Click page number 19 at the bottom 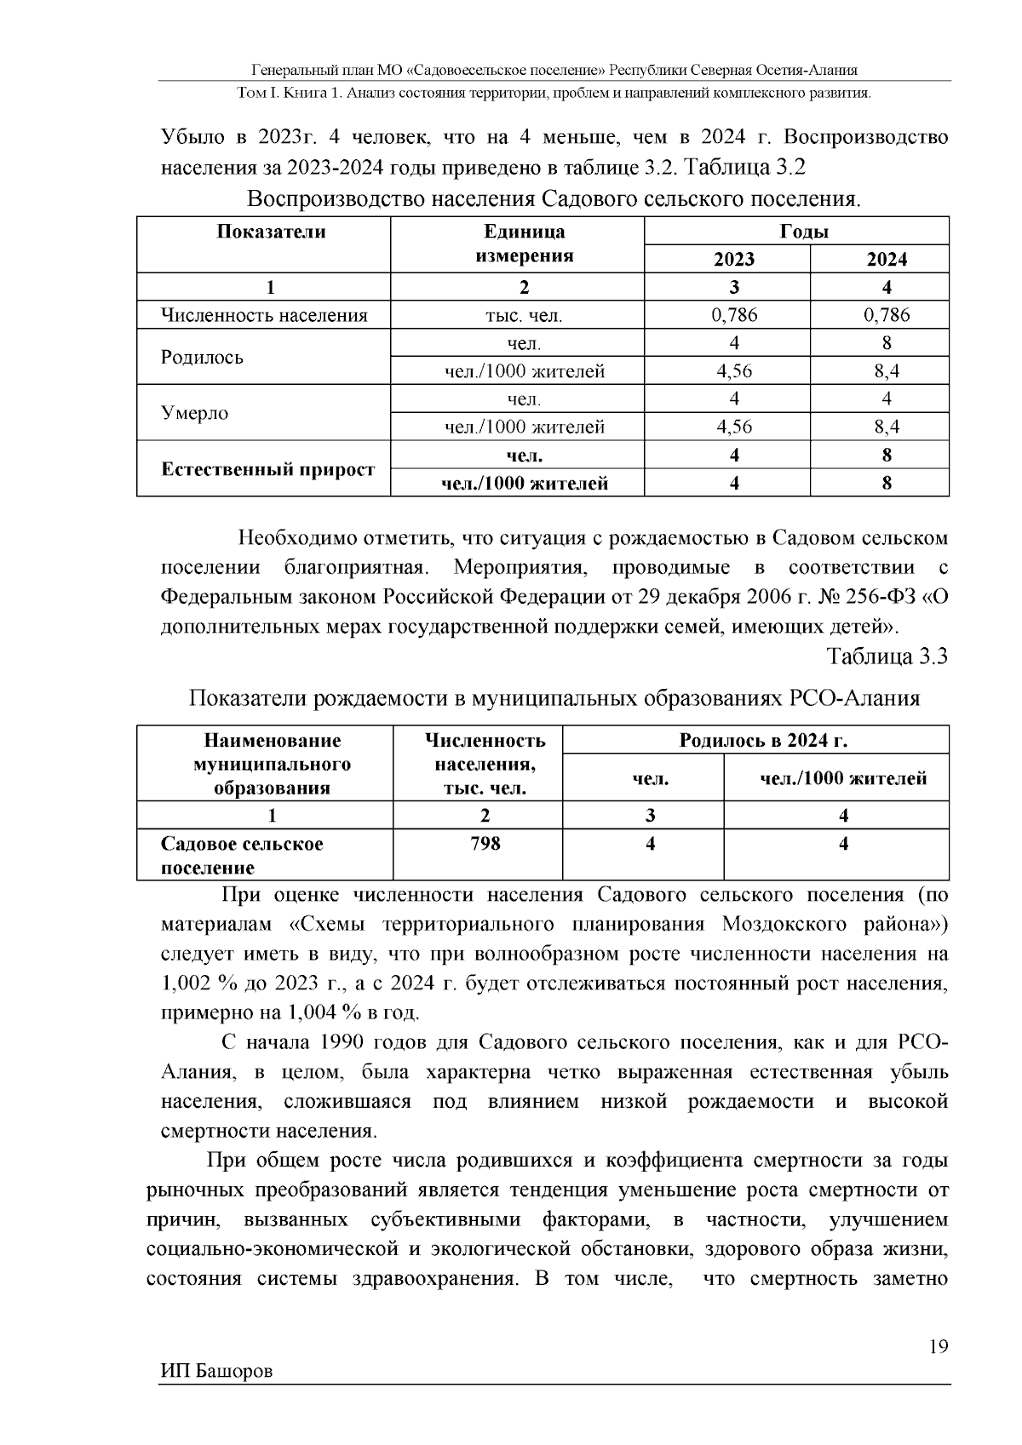point(939,1346)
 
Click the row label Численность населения point(264,316)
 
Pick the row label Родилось point(202,357)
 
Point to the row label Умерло point(195,413)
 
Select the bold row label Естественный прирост point(268,469)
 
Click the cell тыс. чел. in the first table point(523,316)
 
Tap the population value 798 point(485,844)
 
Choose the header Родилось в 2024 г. point(763,740)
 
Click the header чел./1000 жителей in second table point(842,778)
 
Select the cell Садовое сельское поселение point(242,856)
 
